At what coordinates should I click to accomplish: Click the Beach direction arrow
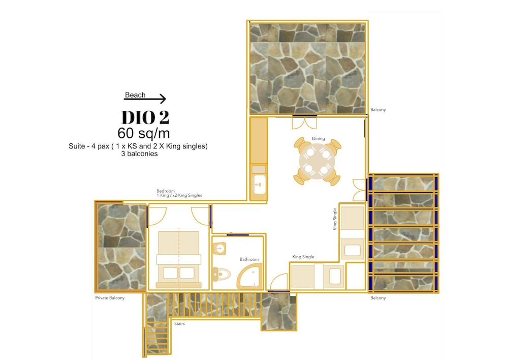(145, 99)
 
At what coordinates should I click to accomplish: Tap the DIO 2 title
(145, 117)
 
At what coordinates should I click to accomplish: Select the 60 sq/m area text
(144, 133)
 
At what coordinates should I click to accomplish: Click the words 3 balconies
(139, 154)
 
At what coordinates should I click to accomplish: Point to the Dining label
(319, 138)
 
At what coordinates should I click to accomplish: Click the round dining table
(316, 161)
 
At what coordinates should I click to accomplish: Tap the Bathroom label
(249, 259)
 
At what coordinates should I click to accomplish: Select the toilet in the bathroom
(221, 275)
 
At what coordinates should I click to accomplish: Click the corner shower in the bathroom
(250, 276)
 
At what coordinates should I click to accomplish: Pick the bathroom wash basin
(219, 249)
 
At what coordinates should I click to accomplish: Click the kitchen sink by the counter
(259, 185)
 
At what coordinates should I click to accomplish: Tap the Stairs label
(179, 324)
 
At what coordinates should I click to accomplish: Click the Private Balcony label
(110, 298)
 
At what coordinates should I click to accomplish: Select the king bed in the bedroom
(178, 260)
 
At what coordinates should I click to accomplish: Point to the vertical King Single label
(335, 219)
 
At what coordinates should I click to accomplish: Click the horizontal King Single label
(303, 257)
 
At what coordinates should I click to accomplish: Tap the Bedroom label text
(179, 193)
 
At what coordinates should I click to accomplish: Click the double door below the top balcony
(304, 122)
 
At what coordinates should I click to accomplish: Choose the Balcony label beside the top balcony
(378, 110)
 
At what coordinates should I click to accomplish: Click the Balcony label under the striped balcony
(378, 298)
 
